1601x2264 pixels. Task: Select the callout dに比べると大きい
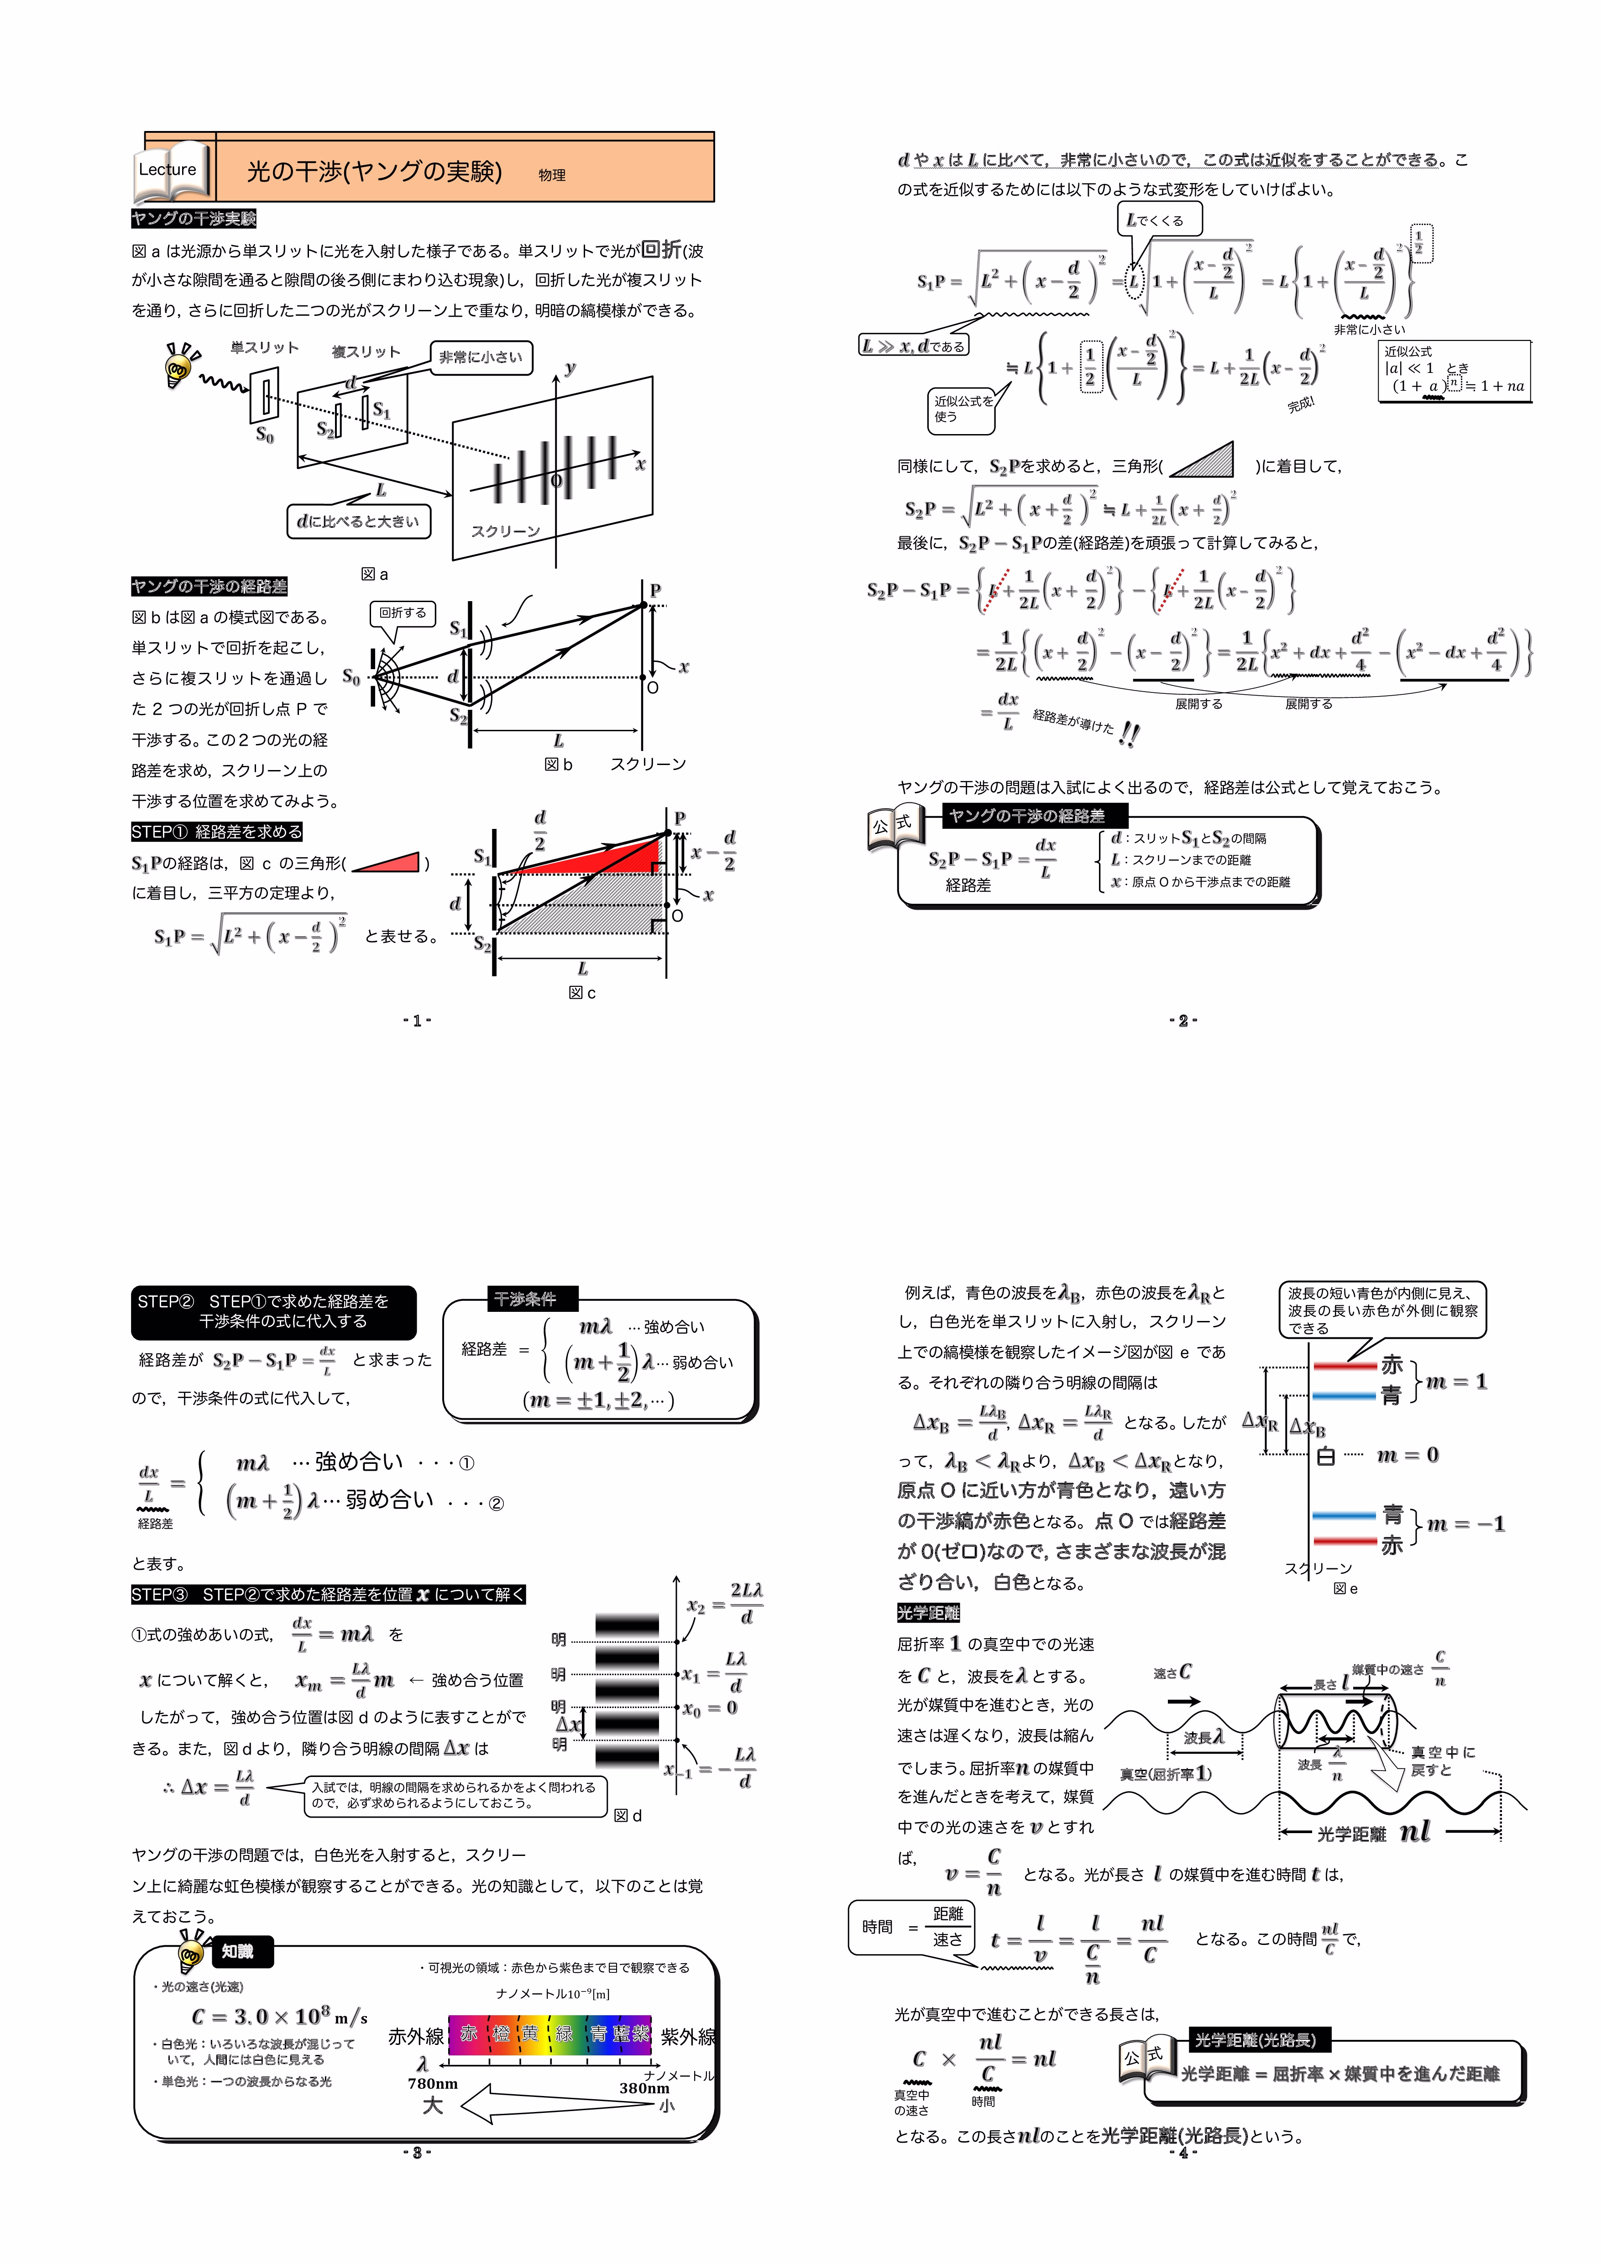358,521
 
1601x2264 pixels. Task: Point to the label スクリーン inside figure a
506,531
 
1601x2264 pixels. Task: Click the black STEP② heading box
273,1311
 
